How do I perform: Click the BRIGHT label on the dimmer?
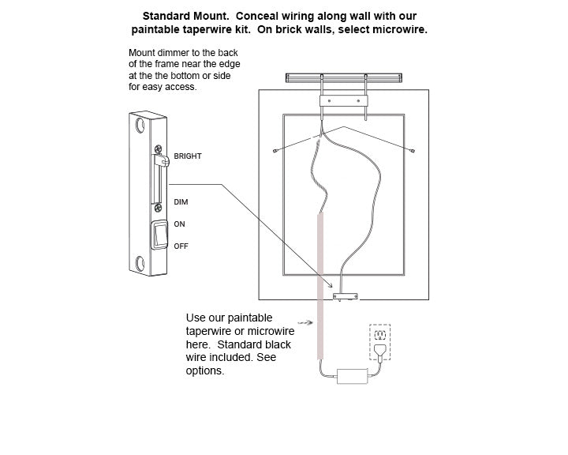pos(188,156)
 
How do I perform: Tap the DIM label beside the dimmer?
pos(181,202)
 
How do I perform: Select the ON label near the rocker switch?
pos(179,224)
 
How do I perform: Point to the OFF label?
pos(181,246)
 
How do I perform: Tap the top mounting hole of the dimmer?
pos(140,126)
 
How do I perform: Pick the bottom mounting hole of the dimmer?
pos(140,263)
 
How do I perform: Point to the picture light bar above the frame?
pos(344,77)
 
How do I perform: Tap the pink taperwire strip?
pos(321,284)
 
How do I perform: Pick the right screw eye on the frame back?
pos(413,149)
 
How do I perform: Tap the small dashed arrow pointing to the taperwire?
pos(302,322)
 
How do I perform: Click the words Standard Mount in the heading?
pos(178,16)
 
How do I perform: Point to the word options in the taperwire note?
pos(205,370)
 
